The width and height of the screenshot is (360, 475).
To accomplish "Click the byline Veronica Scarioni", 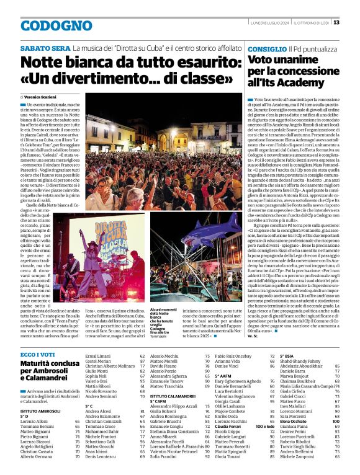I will [x=42, y=97].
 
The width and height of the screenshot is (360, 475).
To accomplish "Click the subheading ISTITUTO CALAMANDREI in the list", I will [x=174, y=395].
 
